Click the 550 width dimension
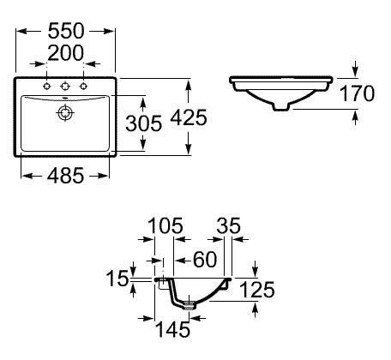pos(66,31)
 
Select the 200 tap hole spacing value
pos(66,53)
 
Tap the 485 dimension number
pos(66,176)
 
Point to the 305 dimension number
pos(144,123)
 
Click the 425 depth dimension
pos(189,117)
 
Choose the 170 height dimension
pos(358,93)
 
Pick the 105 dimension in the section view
pos(165,225)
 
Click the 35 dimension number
pos(229,225)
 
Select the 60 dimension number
pos(205,260)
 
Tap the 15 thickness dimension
pos(117,278)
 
